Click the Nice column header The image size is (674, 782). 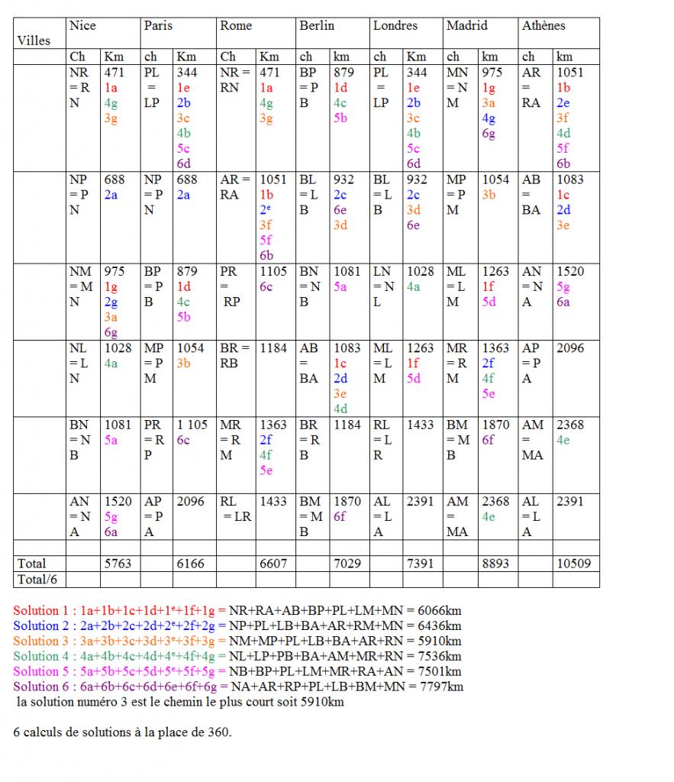82,26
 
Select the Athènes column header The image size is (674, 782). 543,26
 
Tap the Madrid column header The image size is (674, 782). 466,26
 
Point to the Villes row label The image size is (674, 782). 34,40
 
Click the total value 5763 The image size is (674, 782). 118,564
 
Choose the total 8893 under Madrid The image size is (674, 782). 496,564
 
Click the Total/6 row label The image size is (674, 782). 37,579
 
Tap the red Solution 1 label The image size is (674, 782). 44,611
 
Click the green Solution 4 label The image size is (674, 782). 44,657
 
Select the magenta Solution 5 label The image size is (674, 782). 44,672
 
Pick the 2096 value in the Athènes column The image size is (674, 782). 570,348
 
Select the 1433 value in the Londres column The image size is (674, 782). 420,425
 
